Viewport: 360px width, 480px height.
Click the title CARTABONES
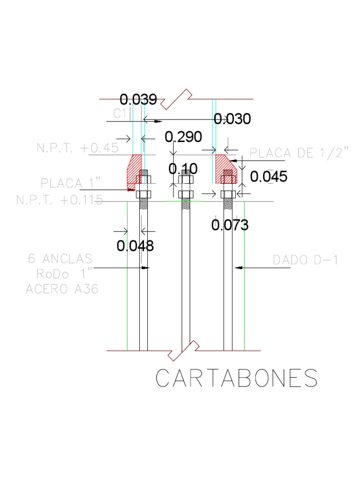click(x=237, y=378)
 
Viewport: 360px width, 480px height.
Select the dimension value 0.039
click(x=138, y=99)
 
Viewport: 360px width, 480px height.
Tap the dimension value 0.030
click(x=232, y=119)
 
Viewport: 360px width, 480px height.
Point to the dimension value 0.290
click(x=183, y=137)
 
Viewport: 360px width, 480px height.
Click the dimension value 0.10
click(x=183, y=169)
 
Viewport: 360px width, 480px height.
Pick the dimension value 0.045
click(x=269, y=177)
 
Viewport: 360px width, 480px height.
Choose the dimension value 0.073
click(x=230, y=225)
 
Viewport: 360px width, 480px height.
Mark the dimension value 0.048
click(x=135, y=246)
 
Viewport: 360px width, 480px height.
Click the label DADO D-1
click(x=305, y=260)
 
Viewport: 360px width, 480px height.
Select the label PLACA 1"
click(x=71, y=183)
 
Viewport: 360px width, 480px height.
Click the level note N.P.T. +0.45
click(x=77, y=148)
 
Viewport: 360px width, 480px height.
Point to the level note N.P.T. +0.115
click(x=60, y=200)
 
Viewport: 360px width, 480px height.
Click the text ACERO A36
click(x=62, y=289)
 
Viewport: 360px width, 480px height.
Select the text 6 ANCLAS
click(x=60, y=259)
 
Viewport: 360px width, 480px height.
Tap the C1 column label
click(x=120, y=113)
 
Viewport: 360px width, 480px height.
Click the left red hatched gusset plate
click(x=133, y=170)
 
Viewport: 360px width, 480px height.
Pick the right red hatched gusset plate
click(x=226, y=168)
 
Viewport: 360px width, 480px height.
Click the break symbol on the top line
click(x=177, y=99)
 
